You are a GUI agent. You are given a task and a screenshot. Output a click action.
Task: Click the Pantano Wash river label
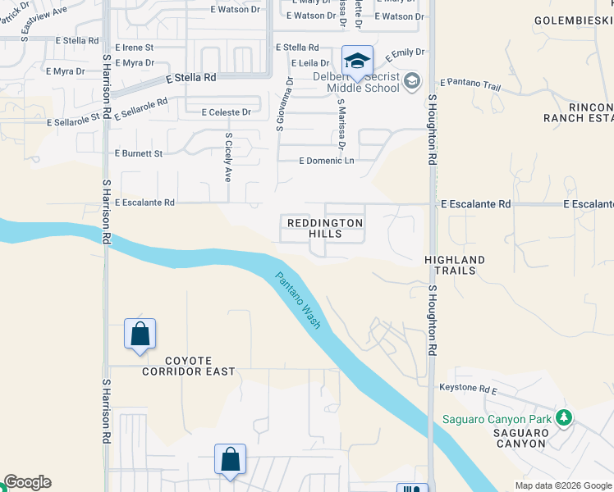point(297,301)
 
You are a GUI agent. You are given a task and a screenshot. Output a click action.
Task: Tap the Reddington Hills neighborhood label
point(324,228)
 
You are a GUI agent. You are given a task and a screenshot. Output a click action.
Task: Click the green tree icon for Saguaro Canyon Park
point(563,417)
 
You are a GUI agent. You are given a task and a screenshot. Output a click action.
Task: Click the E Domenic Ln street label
point(327,161)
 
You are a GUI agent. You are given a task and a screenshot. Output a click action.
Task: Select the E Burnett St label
point(139,153)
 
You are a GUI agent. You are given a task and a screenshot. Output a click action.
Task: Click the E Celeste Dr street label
point(218,112)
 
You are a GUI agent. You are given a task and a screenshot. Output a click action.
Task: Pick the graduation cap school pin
point(357,61)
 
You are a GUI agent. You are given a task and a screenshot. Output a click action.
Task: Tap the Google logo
point(27,482)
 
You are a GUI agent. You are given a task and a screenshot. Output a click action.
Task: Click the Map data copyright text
point(562,485)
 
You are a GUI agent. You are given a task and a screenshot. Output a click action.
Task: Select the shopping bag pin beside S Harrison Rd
point(140,335)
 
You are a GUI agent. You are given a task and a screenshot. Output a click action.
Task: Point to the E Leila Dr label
point(309,63)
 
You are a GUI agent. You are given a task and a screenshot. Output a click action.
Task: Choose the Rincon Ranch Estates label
point(578,113)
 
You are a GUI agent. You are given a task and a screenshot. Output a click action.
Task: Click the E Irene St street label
point(134,48)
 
